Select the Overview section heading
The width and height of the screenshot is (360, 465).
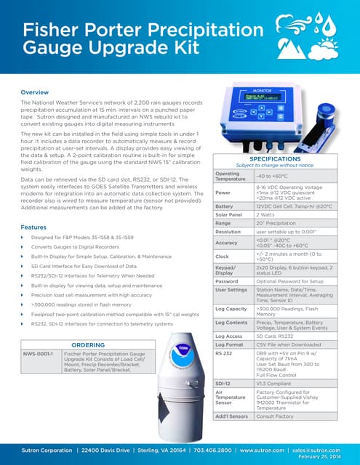(34, 92)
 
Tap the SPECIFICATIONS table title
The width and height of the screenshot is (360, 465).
(275, 158)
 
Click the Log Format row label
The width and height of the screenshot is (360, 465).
(230, 345)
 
